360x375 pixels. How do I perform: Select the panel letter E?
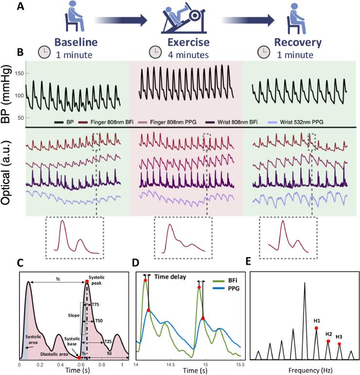coord(249,262)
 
